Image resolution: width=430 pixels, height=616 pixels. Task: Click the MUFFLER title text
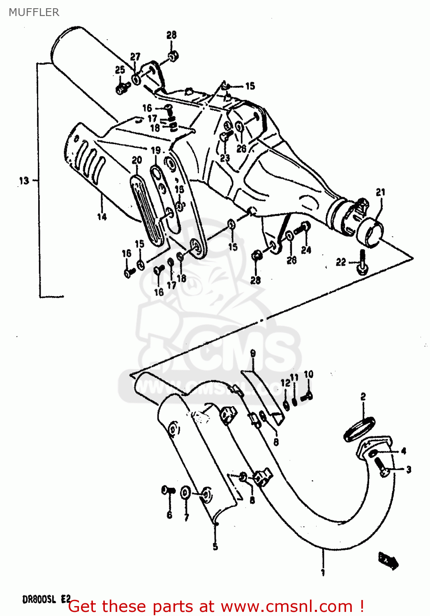tap(34, 12)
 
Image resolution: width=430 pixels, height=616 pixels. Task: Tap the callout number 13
tap(24, 180)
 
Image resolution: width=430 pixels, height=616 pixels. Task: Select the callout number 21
tap(381, 192)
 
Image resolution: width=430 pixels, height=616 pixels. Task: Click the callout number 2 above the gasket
tap(363, 396)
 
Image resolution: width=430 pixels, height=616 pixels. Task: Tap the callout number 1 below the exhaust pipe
tap(323, 572)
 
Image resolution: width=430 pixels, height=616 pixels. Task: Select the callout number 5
tap(215, 547)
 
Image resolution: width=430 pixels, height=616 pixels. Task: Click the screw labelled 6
tap(168, 490)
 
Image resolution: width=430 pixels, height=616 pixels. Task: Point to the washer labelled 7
tap(185, 492)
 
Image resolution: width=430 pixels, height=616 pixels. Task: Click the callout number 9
tap(253, 353)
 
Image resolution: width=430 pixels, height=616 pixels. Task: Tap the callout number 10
tap(308, 374)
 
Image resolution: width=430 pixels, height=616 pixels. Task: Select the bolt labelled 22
tap(363, 264)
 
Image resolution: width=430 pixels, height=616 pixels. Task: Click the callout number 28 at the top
tap(171, 35)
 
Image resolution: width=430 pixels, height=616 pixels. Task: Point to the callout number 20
tap(136, 160)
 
